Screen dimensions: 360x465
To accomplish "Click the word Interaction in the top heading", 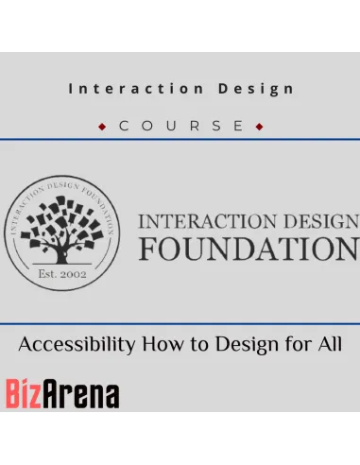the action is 136,89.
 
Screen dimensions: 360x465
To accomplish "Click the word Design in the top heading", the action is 256,89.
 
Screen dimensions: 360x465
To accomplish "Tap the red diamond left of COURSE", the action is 102,127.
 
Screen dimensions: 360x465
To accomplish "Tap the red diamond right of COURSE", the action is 259,127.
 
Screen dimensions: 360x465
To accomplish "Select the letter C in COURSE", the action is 124,126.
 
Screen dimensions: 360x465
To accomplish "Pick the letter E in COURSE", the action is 238,126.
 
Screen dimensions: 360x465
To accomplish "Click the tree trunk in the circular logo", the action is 61,256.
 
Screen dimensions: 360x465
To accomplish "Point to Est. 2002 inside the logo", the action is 62,274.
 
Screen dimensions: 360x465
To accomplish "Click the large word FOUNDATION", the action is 249,249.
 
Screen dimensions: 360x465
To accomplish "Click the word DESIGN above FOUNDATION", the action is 321,221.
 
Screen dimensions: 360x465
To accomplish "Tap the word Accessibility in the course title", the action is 77,344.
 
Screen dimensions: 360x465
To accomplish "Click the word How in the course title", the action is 163,344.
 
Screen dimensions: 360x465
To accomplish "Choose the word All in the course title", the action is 330,344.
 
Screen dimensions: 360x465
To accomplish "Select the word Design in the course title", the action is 248,345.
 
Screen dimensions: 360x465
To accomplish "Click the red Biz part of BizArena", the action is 24,393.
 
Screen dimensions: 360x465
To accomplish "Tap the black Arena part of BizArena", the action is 80,394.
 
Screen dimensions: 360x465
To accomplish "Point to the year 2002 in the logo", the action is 74,274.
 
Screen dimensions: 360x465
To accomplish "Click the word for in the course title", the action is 299,344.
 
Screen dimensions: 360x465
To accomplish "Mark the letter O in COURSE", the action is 147,126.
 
